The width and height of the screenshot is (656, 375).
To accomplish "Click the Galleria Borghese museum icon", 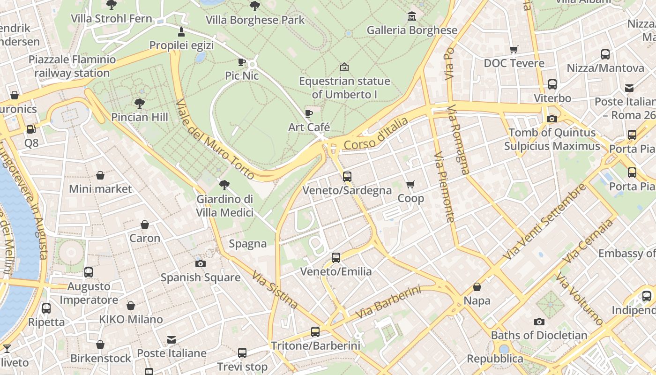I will (412, 16).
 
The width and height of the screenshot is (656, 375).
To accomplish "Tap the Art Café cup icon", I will (309, 113).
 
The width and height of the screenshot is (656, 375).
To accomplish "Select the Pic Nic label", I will (242, 75).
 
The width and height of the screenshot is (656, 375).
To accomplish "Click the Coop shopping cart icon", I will (410, 185).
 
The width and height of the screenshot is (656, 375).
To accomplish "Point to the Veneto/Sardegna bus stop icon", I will (347, 177).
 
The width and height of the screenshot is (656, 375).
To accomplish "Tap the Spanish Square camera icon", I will (201, 263).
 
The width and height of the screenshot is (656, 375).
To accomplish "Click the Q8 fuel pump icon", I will (31, 129).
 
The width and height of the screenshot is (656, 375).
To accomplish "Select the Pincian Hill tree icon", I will (139, 103).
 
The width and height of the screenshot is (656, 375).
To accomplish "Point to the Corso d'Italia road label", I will (376, 134).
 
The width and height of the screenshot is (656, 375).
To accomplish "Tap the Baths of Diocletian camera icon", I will (539, 322).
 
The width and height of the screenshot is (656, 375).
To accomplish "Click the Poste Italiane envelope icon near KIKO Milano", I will (171, 339).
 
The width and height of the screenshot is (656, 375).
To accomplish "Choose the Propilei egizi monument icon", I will (181, 32).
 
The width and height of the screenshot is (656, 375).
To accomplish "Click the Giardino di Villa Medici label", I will (225, 206).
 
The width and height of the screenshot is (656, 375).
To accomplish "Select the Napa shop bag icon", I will (477, 287).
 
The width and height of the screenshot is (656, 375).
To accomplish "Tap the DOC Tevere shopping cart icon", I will (514, 49).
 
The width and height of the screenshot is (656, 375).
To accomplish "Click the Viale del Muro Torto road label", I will (216, 139).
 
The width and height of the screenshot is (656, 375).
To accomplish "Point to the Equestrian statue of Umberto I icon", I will (344, 67).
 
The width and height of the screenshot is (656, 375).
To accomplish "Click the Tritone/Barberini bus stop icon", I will (315, 332).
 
